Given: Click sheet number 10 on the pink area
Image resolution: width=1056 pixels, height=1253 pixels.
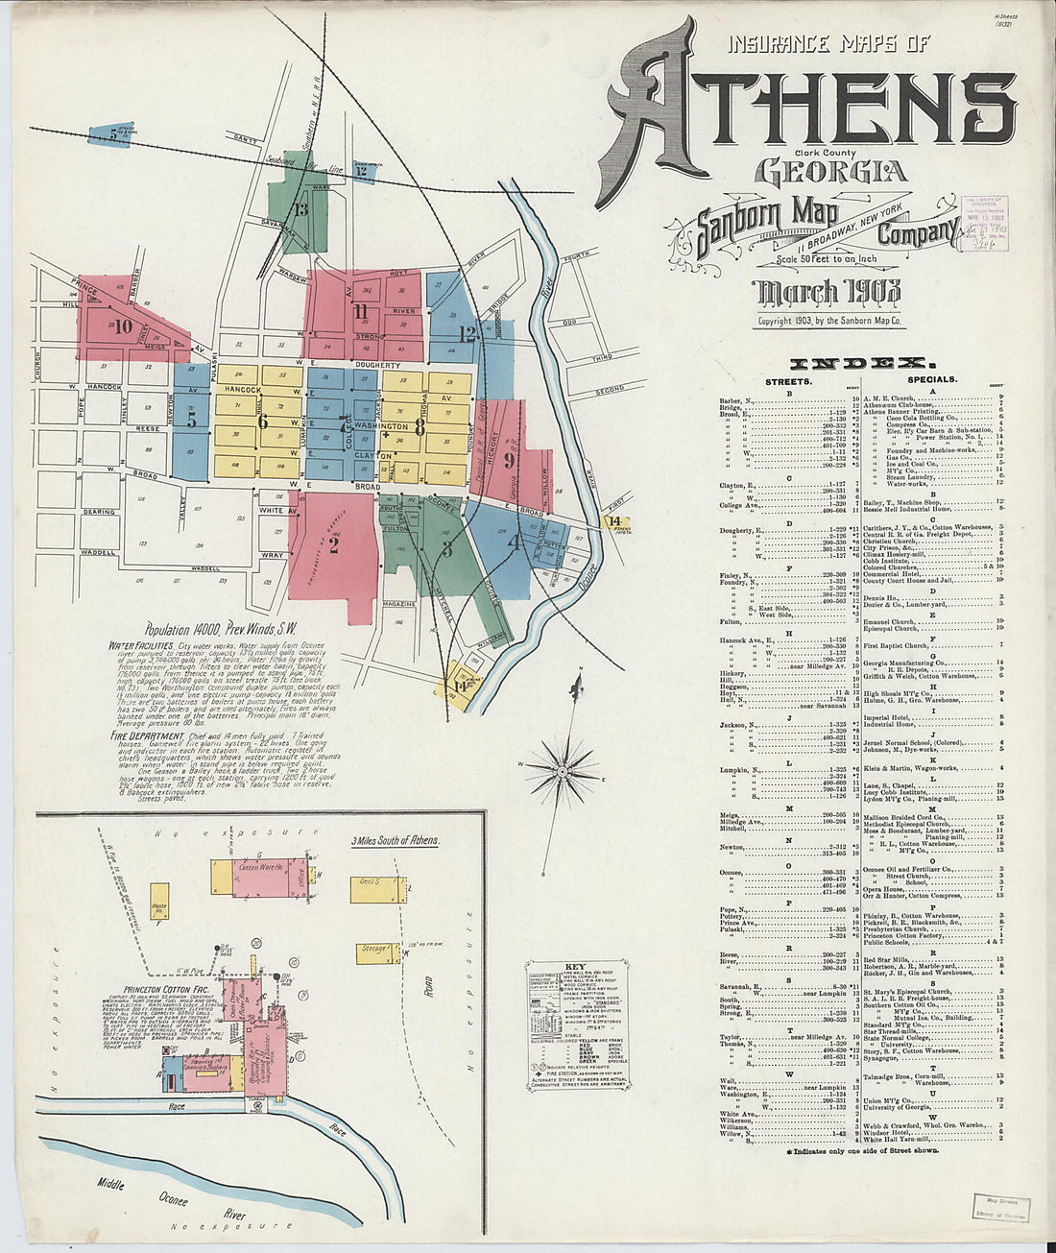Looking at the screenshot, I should click(x=122, y=325).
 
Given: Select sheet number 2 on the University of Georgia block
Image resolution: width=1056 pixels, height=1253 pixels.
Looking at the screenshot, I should click(x=334, y=546).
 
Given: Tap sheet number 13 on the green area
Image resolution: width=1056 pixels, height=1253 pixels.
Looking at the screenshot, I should click(x=301, y=209).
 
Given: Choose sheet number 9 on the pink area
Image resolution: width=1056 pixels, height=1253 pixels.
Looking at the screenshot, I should click(x=509, y=459).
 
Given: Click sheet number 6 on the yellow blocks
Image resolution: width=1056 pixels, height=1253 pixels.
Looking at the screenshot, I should click(x=263, y=420).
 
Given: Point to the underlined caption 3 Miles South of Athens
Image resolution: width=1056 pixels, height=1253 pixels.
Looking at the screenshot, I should click(x=395, y=840).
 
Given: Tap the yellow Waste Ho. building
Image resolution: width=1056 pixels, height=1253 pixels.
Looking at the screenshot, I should click(x=159, y=906).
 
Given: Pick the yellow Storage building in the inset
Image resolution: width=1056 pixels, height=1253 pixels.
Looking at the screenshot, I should click(x=374, y=950).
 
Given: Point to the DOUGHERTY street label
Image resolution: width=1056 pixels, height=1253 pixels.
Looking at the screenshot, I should click(x=375, y=366).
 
